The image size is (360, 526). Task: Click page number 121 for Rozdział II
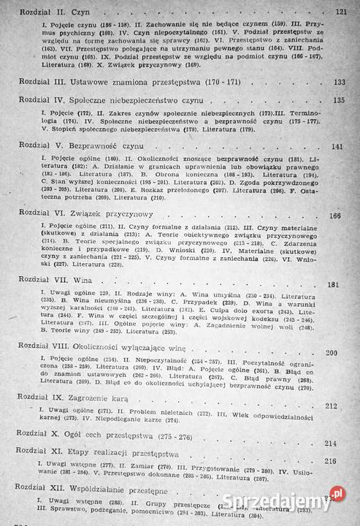click(340, 12)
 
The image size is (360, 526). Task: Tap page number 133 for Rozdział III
click(340, 82)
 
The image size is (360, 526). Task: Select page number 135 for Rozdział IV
click(340, 99)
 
